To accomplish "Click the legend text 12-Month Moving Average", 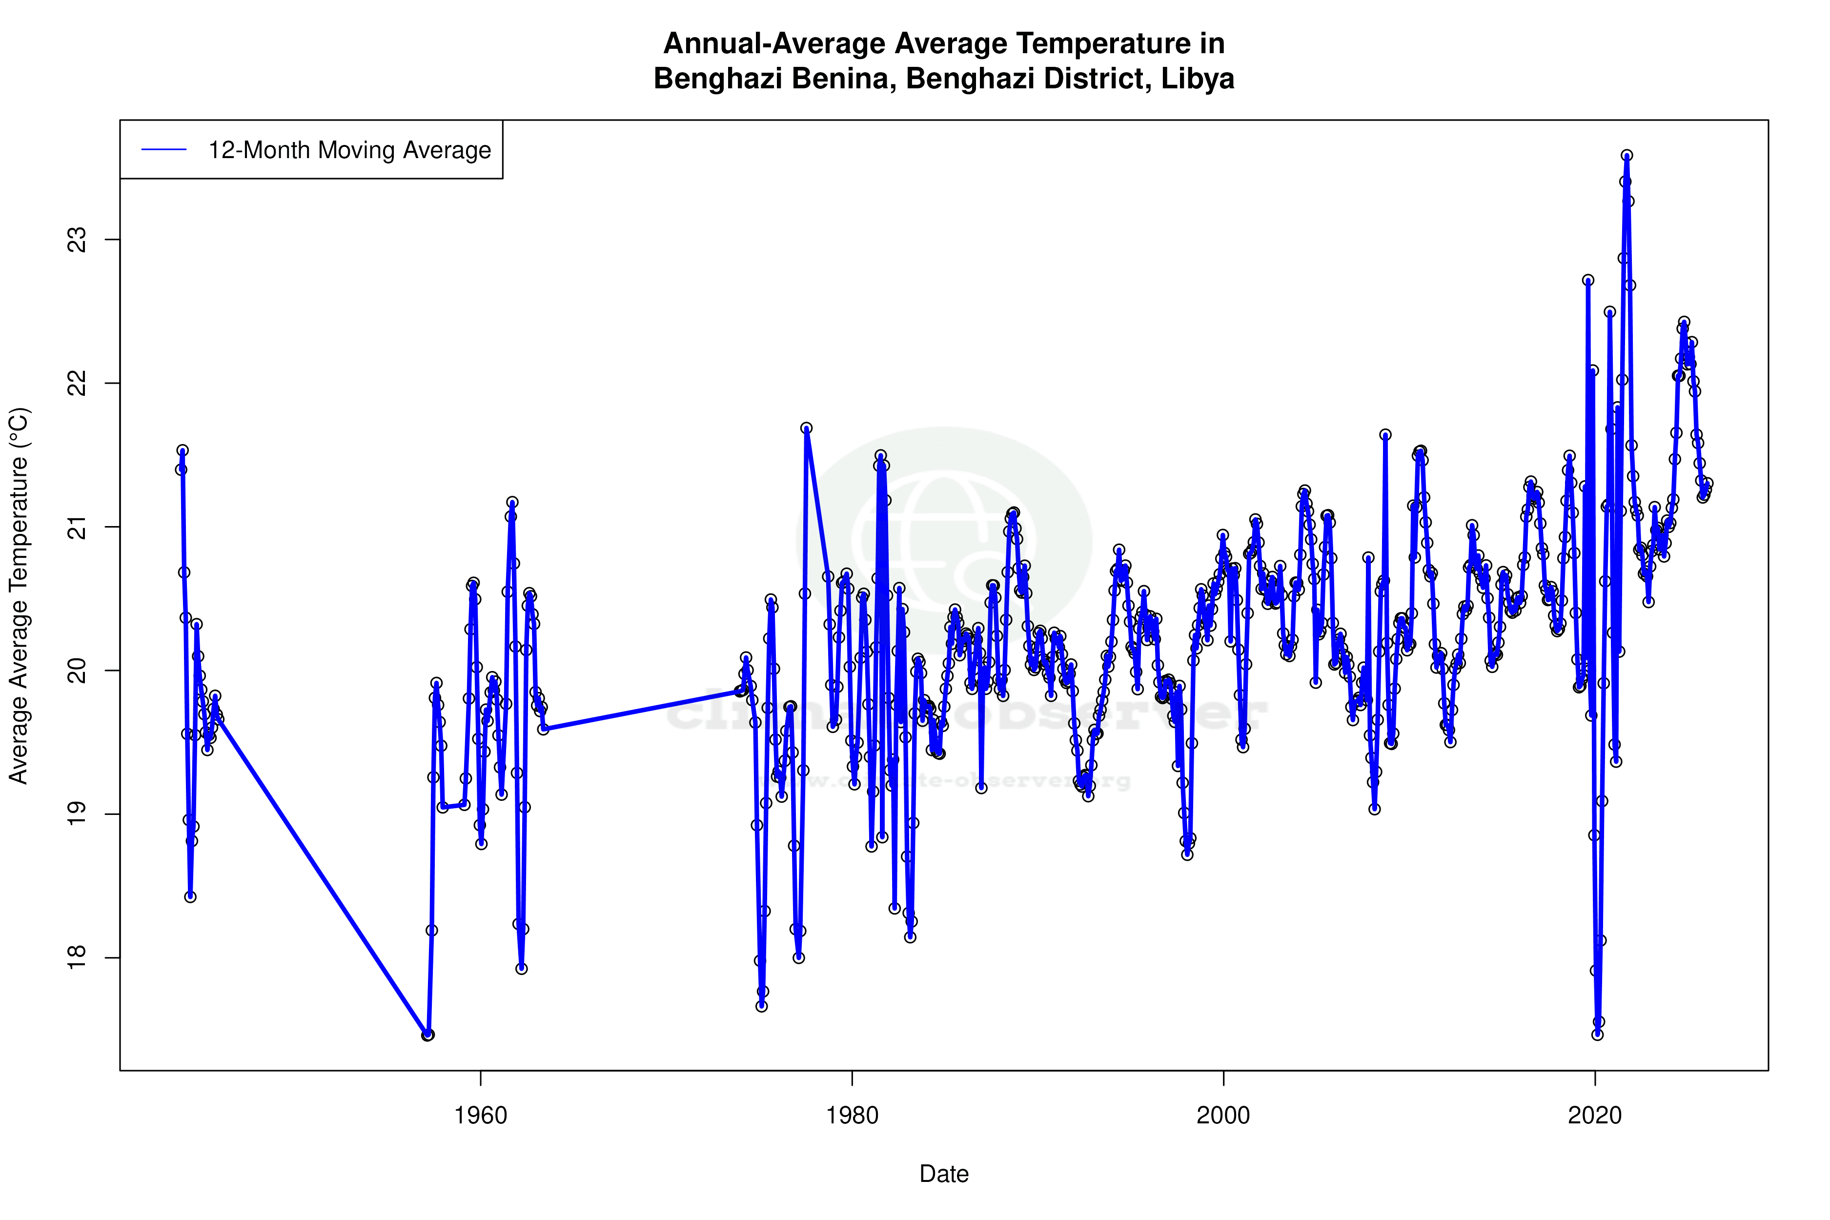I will click(x=349, y=150).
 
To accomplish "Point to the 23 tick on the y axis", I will click(x=78, y=240).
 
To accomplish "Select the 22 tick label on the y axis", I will click(x=78, y=384).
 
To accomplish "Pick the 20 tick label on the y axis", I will click(x=78, y=671).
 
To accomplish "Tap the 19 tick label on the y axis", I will click(x=78, y=814).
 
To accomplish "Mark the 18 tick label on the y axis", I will click(x=78, y=958).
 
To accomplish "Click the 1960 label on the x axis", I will click(x=481, y=1116).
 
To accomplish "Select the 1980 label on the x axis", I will click(x=852, y=1116).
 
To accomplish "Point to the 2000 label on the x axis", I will click(x=1223, y=1116).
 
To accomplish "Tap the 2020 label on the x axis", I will click(x=1595, y=1116).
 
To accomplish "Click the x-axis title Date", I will click(x=944, y=1174).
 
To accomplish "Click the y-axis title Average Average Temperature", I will click(x=19, y=595).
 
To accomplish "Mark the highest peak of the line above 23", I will click(x=1626, y=156).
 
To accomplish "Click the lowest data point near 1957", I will click(x=427, y=1035).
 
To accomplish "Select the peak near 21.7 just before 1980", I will click(x=806, y=428).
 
